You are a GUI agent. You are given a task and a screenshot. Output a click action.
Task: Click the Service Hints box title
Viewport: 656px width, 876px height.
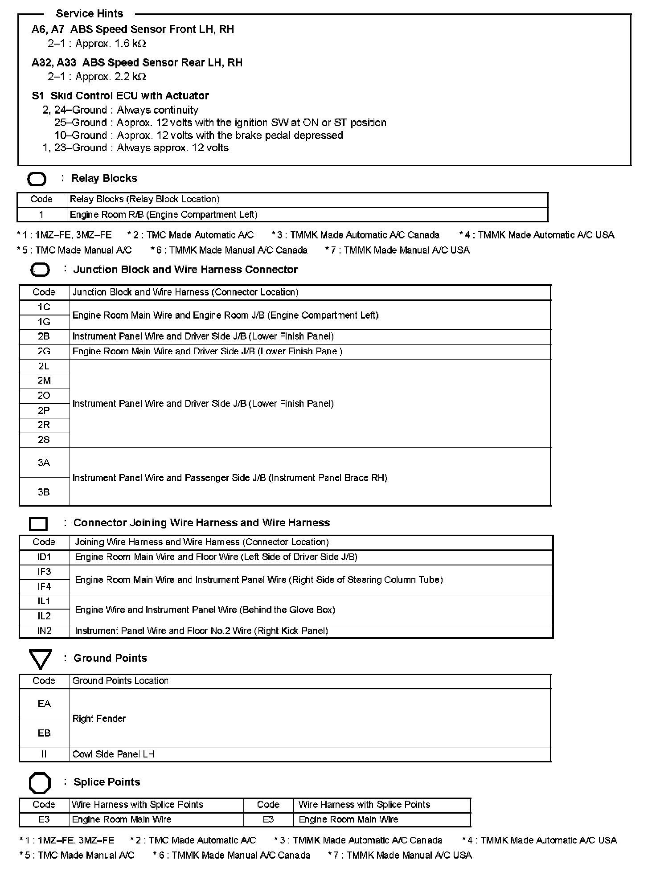pos(90,14)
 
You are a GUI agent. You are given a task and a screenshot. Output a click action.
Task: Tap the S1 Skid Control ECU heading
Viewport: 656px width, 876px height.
pos(120,96)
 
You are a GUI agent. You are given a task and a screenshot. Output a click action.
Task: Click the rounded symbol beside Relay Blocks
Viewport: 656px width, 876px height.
pos(37,180)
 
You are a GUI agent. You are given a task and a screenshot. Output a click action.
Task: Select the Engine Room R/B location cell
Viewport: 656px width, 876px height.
pos(164,215)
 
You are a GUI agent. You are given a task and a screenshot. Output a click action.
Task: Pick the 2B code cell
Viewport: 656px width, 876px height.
pos(44,336)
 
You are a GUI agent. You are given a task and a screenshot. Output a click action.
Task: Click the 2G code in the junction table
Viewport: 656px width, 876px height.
pos(44,352)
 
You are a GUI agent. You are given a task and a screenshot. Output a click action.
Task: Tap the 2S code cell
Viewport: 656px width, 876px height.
pos(44,440)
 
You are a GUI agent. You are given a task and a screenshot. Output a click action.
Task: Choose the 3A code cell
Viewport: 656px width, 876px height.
pos(44,463)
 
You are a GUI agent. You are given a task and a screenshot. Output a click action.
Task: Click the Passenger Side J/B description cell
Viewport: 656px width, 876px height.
pos(230,478)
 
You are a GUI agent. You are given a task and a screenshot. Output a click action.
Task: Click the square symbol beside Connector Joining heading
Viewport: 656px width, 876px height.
pos(38,524)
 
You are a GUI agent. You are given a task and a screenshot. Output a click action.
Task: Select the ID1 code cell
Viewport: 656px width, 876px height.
pos(44,557)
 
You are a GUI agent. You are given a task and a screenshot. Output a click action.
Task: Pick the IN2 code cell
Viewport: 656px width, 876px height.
pos(44,631)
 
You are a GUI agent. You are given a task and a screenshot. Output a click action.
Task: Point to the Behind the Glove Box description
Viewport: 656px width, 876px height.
pos(205,610)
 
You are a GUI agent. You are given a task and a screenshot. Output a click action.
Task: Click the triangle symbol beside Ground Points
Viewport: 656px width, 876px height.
pos(40,659)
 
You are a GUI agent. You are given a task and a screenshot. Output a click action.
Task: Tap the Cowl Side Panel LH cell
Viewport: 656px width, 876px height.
pos(113,754)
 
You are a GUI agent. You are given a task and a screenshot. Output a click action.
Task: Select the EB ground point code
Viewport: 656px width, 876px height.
pos(44,733)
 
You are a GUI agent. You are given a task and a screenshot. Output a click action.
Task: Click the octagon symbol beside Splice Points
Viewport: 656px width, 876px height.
pos(40,783)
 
